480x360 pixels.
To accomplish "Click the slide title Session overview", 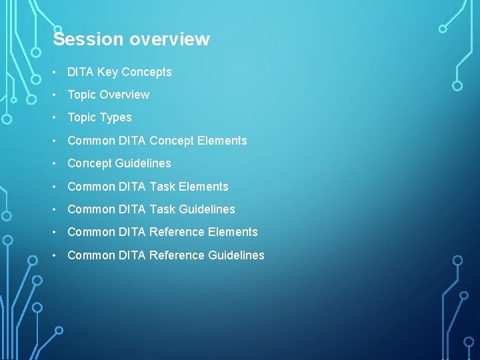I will point(131,39).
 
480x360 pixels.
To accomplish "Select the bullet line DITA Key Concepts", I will point(119,72).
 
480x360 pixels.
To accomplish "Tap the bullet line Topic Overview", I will point(108,95).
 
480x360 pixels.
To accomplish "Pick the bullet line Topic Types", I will point(99,117).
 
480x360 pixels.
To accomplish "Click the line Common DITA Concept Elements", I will point(157,141).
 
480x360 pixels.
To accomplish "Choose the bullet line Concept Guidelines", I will point(119,163).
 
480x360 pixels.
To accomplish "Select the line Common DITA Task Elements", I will point(147,187).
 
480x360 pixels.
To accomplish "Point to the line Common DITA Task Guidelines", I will point(151,209).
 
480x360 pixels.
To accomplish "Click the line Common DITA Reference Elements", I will point(162,232).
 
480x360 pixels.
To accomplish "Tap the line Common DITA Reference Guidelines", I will point(165,255).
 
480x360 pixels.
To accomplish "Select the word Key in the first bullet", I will point(107,72).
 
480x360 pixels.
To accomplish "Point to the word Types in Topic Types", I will point(115,117).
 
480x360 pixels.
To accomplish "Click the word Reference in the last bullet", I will point(177,255).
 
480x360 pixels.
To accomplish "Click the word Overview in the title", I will point(169,39).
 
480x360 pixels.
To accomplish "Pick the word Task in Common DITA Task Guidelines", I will point(162,209).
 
